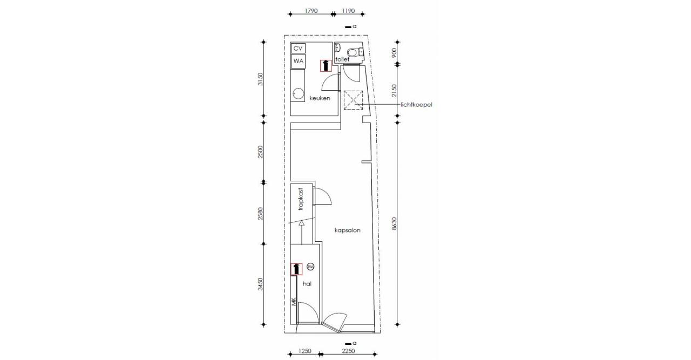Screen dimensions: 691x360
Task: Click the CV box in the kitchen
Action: (x=298, y=49)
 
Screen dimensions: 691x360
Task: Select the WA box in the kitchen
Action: (x=298, y=61)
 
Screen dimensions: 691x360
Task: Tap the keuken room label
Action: (x=320, y=98)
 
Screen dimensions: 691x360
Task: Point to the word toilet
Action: (x=342, y=59)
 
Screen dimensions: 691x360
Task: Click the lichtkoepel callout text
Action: (x=416, y=105)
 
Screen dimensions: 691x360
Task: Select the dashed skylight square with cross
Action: (x=353, y=100)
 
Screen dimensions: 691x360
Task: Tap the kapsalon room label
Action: (x=347, y=230)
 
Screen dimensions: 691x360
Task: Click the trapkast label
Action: (x=301, y=199)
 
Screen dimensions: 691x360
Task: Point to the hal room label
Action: (x=307, y=284)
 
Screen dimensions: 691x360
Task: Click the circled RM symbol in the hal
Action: (x=310, y=267)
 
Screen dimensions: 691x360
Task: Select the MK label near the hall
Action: (x=294, y=302)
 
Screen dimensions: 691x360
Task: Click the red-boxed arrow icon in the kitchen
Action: (x=326, y=65)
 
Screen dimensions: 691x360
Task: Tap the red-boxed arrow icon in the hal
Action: (x=296, y=269)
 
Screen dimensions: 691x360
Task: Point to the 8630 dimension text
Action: (x=394, y=223)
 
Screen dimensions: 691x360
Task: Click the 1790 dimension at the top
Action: (x=311, y=11)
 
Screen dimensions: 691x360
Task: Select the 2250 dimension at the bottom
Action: (x=348, y=351)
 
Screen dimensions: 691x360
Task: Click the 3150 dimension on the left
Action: (x=261, y=79)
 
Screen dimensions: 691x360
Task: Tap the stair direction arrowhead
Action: (x=302, y=223)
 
